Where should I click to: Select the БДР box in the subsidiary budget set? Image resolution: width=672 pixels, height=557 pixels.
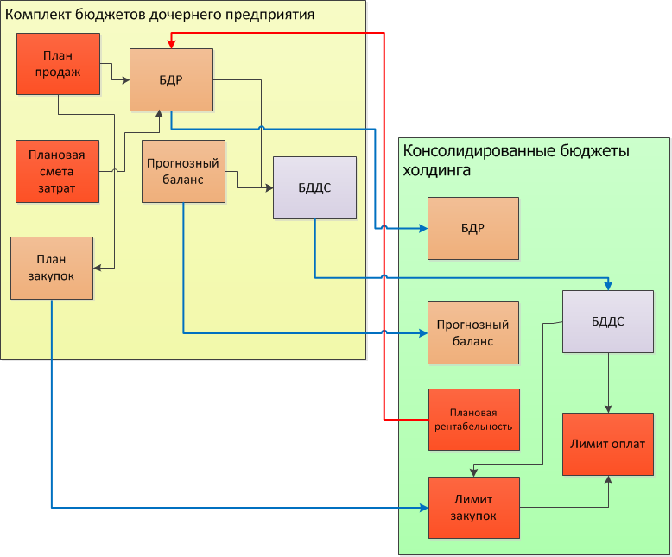point(171,80)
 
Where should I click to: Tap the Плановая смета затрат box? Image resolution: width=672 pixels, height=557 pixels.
point(57,171)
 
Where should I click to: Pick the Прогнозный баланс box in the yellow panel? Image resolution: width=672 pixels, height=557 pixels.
point(183,171)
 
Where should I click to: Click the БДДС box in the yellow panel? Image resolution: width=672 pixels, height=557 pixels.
point(314,187)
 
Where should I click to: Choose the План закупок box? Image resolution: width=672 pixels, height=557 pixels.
point(52,267)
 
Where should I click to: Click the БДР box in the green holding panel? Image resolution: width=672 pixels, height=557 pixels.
point(472,228)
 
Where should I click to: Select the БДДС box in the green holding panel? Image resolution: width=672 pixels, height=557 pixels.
point(608,321)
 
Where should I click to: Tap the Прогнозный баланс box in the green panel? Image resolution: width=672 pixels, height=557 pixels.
point(472,332)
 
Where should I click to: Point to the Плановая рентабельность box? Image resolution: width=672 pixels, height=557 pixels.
point(473,420)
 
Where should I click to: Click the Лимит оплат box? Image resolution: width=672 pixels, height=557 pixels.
point(608,444)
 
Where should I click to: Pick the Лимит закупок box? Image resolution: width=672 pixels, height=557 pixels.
point(473,507)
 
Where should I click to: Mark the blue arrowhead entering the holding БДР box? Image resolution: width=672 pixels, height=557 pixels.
point(423,228)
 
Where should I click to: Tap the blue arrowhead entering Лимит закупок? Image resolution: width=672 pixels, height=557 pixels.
point(423,507)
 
